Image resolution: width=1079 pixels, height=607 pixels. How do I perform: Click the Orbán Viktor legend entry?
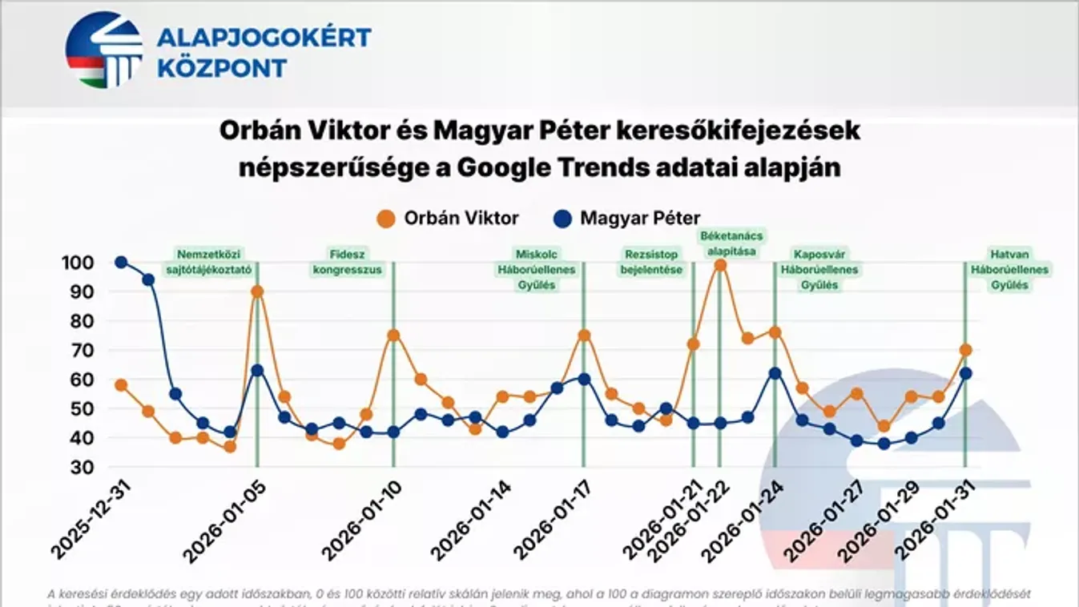point(449,218)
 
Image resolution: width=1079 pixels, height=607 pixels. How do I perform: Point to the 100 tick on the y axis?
point(77,263)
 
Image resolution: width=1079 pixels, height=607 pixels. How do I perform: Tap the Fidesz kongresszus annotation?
point(347,263)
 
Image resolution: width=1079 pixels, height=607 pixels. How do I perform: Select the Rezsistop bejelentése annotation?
point(651,263)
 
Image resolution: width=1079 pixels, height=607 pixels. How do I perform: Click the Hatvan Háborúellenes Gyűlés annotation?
point(1009,270)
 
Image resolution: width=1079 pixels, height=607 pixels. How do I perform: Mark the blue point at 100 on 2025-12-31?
point(121,262)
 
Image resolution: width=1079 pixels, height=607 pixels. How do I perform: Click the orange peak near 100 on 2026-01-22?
point(719,265)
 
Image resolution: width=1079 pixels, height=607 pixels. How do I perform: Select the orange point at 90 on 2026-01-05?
point(257,291)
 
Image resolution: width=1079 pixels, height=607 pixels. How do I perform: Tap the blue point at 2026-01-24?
point(775,373)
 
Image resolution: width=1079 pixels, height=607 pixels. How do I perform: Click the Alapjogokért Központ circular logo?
point(103,50)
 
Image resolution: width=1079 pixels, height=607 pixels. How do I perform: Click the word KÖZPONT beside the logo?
point(222,68)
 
